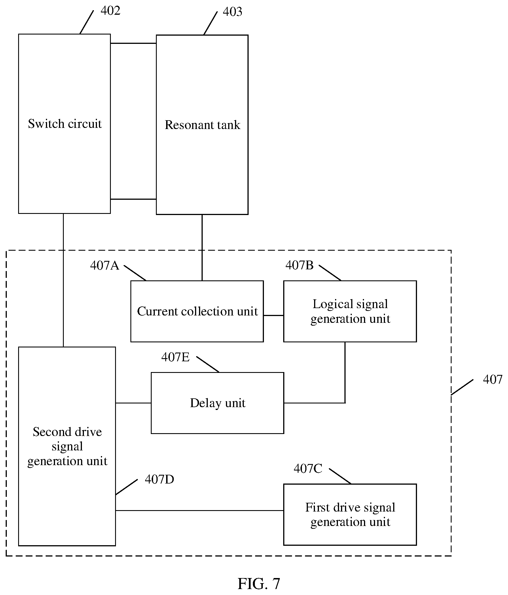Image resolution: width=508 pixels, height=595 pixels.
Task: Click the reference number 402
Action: click(110, 11)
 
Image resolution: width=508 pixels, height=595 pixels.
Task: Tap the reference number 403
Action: click(232, 12)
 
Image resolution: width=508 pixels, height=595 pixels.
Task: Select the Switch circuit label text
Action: click(65, 124)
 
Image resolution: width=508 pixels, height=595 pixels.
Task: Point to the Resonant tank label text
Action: click(202, 125)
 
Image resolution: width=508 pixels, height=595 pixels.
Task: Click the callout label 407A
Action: click(105, 265)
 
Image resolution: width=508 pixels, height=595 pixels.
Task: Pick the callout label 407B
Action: click(299, 265)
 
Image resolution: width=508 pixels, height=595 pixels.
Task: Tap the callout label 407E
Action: click(175, 357)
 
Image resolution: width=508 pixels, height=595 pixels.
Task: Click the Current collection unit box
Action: click(197, 311)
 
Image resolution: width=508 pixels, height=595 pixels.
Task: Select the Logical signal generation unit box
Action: click(350, 311)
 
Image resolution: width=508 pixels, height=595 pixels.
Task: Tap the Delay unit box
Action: click(217, 403)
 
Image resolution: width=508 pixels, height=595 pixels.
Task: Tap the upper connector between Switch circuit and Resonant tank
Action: click(134, 43)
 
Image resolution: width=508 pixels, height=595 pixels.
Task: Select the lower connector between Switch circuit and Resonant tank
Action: click(134, 199)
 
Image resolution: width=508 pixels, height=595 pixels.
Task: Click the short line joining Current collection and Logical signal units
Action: click(274, 315)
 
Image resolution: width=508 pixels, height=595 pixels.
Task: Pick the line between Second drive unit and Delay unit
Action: click(134, 403)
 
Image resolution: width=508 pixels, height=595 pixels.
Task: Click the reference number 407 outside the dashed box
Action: click(492, 380)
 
